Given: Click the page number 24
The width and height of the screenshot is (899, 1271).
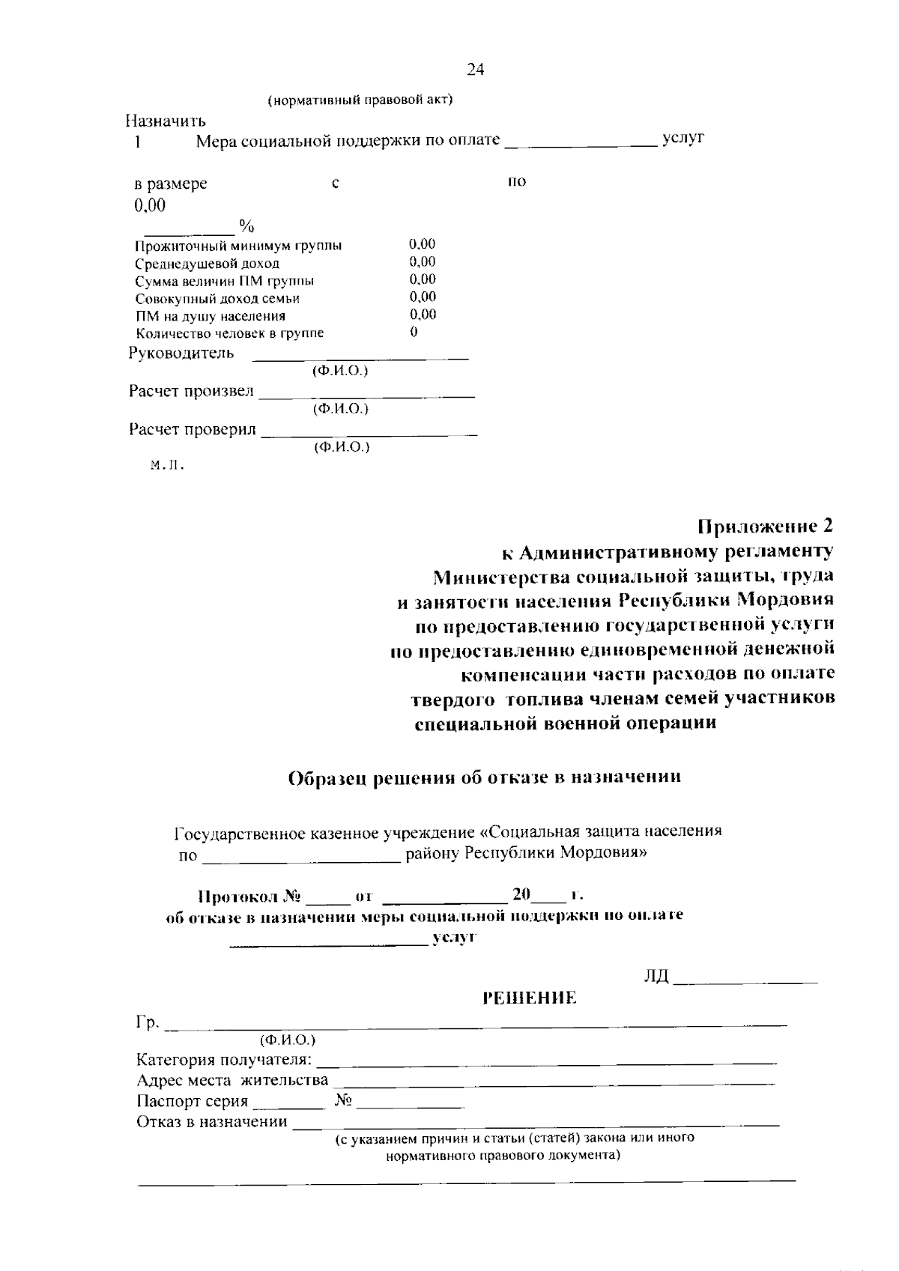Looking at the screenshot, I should coord(475,70).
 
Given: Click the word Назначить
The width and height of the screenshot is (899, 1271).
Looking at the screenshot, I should coord(166,120).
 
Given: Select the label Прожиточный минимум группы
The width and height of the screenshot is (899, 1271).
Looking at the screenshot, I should coord(238,246).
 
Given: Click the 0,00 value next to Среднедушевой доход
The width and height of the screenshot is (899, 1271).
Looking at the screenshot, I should coord(423,261).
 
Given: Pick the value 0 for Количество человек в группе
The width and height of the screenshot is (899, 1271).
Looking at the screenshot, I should coord(414,332).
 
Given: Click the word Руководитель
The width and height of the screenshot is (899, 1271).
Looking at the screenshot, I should coord(181,353).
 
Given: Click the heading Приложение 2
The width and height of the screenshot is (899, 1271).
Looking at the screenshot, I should coord(765,525).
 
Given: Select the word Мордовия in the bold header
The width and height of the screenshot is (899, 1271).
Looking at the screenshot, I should coord(786,601).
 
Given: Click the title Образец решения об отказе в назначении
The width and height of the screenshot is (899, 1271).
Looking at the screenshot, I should coord(485,777).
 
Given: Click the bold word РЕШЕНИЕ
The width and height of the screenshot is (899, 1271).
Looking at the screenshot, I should coord(530,998).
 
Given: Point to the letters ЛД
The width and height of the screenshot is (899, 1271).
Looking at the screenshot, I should coord(656,977).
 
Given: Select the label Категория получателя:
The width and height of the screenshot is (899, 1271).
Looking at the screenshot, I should coord(224,1060).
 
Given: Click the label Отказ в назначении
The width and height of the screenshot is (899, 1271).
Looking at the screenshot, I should coord(212,1121).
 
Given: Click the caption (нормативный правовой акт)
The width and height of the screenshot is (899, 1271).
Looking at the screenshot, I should coord(360,100).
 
